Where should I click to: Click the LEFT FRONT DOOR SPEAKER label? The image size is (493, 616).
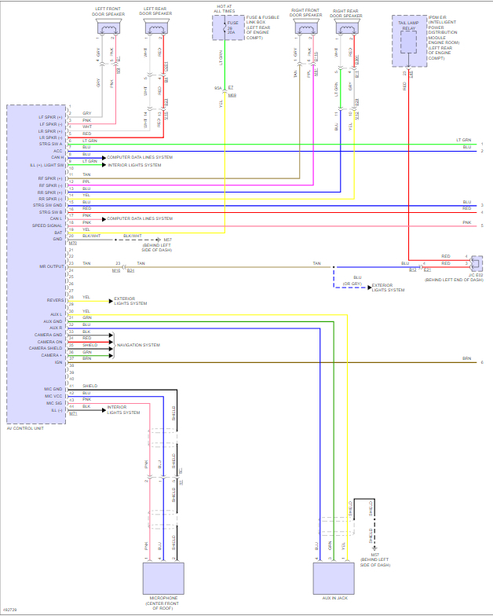[x=109, y=12]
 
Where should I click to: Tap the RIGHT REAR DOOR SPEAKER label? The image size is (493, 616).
[x=349, y=12]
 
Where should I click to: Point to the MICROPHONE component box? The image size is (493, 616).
[x=163, y=578]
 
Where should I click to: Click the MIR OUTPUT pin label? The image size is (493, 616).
[x=51, y=266]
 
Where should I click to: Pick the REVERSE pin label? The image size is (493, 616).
[x=54, y=299]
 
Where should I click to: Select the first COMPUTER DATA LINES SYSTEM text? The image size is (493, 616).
[x=140, y=157]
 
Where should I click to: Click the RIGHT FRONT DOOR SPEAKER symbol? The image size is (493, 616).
[x=305, y=27]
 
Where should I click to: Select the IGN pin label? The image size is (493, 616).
[x=58, y=361]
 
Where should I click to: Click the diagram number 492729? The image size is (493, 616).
[x=11, y=610]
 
